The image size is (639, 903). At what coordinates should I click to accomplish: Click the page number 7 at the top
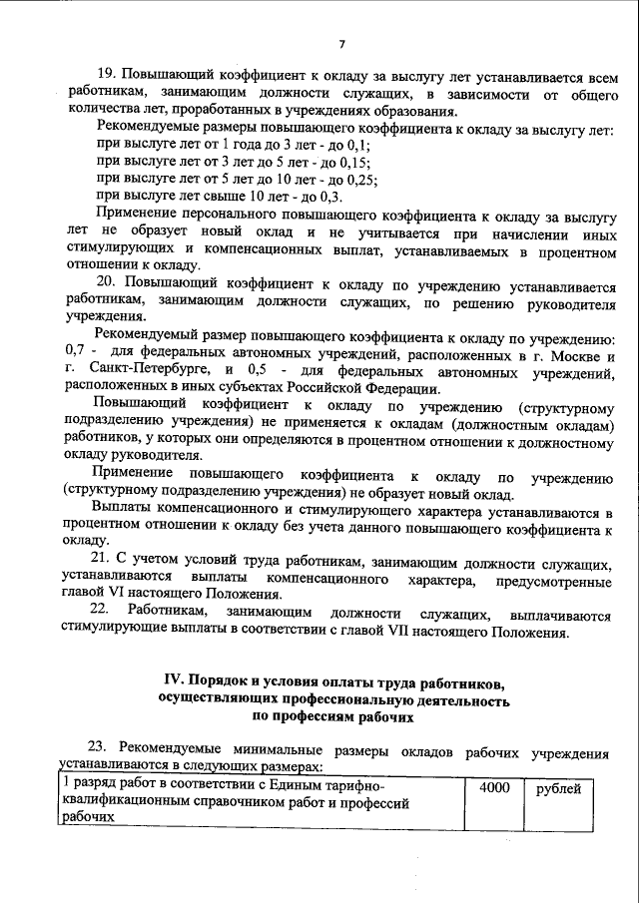click(341, 45)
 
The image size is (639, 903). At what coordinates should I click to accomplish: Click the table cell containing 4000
click(494, 788)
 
